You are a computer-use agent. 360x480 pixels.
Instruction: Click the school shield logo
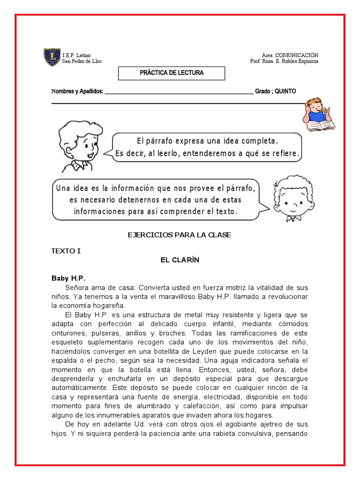click(x=52, y=57)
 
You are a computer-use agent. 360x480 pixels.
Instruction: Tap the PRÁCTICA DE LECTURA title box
click(x=172, y=73)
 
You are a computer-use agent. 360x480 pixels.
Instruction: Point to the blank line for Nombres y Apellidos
click(x=179, y=92)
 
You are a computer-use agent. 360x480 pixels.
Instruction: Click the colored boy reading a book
click(x=318, y=115)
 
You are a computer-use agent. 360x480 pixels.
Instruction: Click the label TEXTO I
click(x=66, y=251)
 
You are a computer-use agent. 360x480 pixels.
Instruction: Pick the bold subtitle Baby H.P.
click(x=68, y=278)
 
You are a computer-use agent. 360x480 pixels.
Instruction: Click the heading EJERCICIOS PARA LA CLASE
click(x=180, y=235)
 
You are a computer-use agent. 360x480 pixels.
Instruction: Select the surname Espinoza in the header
click(x=306, y=61)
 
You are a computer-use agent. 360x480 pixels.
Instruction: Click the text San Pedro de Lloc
click(x=82, y=61)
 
